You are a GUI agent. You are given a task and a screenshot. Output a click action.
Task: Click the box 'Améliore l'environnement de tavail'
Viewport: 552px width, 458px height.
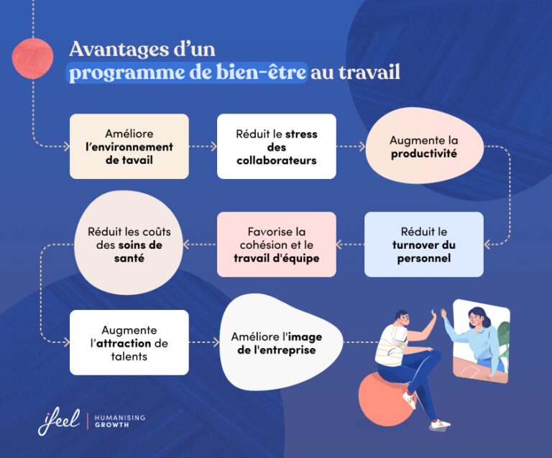pyautogui.click(x=129, y=146)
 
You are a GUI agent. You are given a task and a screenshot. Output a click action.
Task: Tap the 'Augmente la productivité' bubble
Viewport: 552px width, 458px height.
pyautogui.click(x=423, y=147)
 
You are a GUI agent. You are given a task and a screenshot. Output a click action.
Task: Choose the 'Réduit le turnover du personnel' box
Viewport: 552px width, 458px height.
pyautogui.click(x=423, y=244)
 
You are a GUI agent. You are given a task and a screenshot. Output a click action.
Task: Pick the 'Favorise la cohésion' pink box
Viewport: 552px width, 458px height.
pyautogui.click(x=277, y=244)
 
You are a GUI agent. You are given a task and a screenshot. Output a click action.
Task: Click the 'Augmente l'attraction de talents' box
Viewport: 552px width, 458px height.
pyautogui.click(x=129, y=342)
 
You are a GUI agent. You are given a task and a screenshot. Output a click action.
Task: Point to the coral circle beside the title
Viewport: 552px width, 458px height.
pyautogui.click(x=33, y=58)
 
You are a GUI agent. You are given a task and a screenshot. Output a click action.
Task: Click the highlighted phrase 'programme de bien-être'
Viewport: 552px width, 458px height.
pyautogui.click(x=188, y=73)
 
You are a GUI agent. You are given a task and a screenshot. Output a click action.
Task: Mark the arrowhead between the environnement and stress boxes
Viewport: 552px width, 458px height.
pyautogui.click(x=213, y=146)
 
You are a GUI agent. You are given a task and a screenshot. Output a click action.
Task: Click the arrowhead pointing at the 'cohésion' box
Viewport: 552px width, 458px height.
pyautogui.click(x=340, y=244)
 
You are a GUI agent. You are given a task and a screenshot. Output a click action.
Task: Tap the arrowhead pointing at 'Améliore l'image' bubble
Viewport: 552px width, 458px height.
pyautogui.click(x=216, y=342)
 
